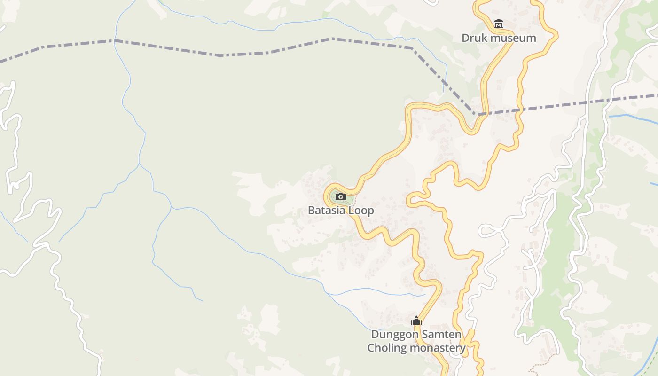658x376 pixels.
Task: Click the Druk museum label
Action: pos(499,38)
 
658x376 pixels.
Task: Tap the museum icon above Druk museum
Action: pos(499,23)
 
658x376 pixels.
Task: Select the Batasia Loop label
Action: pos(341,210)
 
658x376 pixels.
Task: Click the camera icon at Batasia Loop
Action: pos(341,197)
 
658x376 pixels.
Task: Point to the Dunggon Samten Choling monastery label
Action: pos(416,341)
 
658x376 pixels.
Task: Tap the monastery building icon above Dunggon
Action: pos(416,321)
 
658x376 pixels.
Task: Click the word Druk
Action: pos(472,38)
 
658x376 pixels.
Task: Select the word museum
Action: pos(510,38)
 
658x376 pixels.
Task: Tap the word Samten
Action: pos(440,335)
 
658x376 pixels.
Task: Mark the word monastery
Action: pos(438,348)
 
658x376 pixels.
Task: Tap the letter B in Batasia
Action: pos(311,210)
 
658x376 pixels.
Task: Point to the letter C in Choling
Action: pos(371,348)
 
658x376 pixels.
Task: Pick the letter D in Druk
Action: pos(465,38)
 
